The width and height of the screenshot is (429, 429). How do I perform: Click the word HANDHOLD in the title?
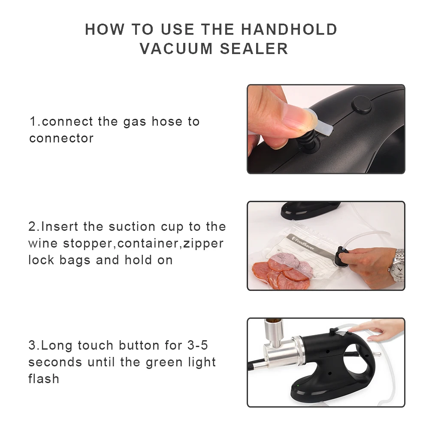click(289, 29)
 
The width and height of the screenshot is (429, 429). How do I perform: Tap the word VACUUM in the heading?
click(176, 49)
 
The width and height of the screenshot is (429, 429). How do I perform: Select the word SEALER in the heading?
click(254, 49)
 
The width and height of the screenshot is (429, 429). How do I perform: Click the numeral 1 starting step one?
click(33, 121)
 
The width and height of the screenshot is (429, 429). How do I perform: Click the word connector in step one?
click(61, 139)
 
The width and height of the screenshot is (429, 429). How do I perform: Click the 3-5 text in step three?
click(197, 345)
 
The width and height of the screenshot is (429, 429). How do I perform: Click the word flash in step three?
click(44, 379)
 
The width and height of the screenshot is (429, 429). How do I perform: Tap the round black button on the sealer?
click(361, 105)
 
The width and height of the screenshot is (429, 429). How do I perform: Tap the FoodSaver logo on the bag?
click(303, 244)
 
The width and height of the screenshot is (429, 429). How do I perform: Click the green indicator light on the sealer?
click(298, 386)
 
